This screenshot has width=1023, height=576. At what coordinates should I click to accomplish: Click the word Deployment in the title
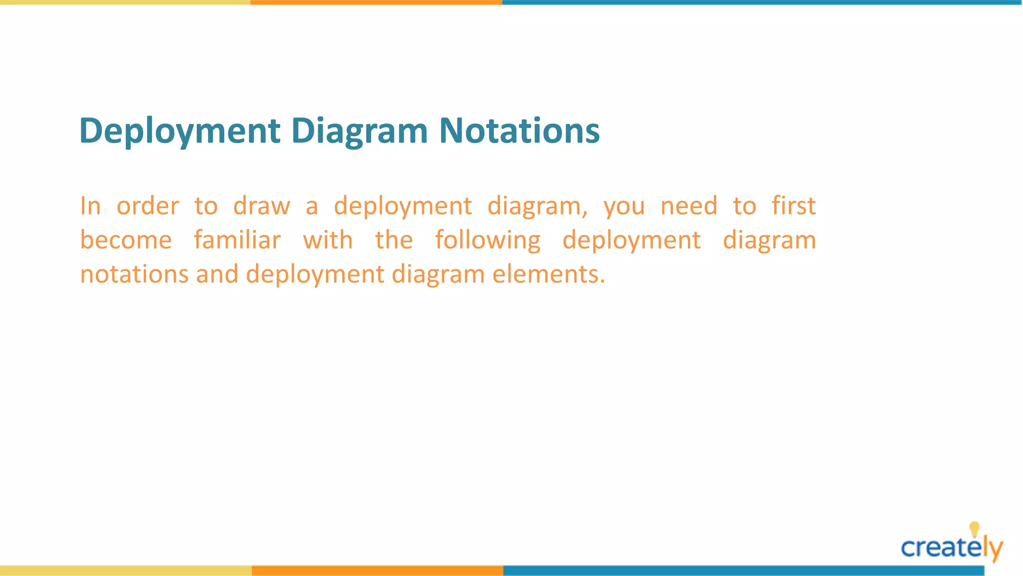[180, 131]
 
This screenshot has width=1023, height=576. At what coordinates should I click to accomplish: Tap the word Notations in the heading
[519, 131]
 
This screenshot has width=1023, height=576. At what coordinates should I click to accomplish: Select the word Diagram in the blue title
[359, 131]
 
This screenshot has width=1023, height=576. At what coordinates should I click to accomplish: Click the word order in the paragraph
[147, 206]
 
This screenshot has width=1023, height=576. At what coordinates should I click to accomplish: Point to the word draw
[261, 206]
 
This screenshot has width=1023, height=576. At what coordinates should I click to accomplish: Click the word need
[689, 206]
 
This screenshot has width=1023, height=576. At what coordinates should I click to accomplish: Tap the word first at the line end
[793, 206]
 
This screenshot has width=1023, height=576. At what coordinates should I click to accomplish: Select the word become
[126, 240]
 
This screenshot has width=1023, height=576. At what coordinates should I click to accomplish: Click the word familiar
[237, 240]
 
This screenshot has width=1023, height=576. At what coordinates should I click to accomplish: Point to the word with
[328, 240]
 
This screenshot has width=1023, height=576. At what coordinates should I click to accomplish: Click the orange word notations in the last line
[134, 274]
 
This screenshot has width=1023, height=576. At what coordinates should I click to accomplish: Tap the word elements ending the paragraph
[548, 274]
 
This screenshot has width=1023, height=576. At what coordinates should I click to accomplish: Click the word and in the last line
[217, 274]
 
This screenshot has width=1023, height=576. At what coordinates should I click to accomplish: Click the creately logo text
[944, 548]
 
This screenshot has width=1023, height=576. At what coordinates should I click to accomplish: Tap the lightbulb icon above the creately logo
[974, 529]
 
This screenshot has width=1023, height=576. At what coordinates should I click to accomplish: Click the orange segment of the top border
[376, 2]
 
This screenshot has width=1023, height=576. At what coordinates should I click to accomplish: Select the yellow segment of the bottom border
[125, 570]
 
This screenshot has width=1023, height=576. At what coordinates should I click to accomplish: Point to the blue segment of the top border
[762, 2]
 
